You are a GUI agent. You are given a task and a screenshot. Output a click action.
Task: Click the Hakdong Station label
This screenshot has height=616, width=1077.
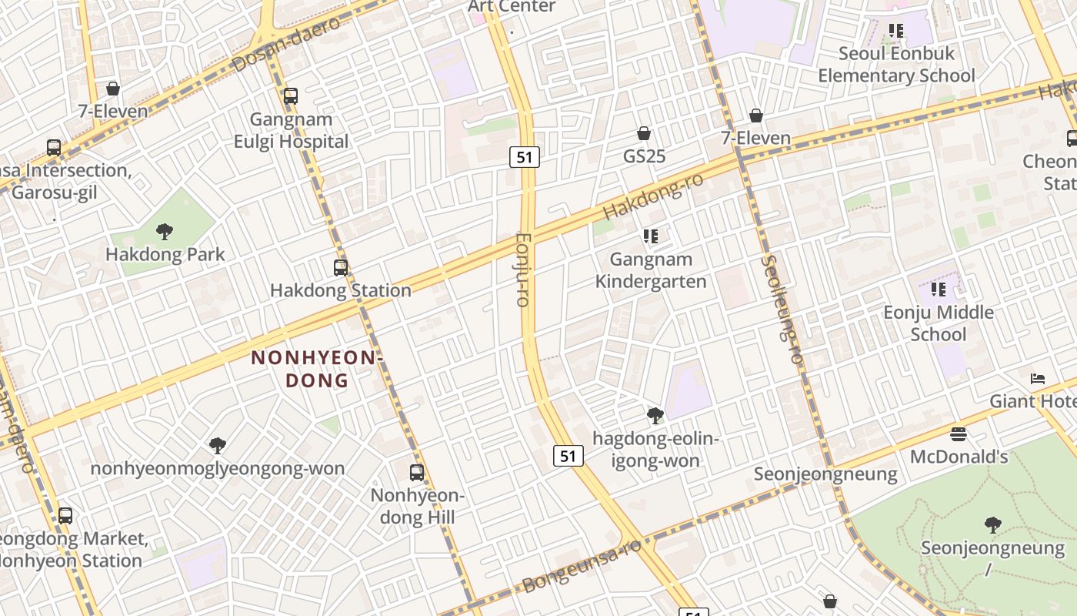[340, 290]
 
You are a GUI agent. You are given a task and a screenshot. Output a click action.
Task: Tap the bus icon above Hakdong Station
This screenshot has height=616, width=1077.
[341, 268]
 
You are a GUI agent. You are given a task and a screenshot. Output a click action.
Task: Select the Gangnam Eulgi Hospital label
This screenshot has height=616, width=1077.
[291, 130]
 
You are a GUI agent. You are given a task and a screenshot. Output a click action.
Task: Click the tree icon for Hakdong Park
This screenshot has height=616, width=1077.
[164, 231]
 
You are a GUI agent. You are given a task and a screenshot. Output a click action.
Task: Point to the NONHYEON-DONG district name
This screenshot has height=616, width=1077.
[317, 369]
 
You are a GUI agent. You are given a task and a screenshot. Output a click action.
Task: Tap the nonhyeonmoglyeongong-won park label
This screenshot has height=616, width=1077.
[218, 468]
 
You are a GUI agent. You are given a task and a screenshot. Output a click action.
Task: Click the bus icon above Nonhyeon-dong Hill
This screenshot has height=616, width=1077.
[417, 472]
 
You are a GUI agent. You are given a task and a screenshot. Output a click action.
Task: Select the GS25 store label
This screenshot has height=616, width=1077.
[644, 156]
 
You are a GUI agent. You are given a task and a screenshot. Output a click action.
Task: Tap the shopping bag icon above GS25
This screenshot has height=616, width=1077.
[644, 133]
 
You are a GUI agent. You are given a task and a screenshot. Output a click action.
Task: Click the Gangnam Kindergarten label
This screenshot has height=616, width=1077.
[651, 270]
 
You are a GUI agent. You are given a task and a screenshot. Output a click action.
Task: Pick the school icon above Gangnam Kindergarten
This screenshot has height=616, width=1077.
[651, 236]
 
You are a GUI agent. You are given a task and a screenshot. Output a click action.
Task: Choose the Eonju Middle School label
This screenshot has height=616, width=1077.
[938, 323]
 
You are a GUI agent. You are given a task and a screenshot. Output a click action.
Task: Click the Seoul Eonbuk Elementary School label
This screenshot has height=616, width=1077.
[896, 65]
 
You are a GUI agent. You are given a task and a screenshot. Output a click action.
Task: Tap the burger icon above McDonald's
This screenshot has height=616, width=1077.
[958, 434]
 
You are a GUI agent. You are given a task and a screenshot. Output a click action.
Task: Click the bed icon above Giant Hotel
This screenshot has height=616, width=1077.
[1038, 379]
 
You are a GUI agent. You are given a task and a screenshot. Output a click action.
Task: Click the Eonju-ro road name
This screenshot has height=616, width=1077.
[523, 269]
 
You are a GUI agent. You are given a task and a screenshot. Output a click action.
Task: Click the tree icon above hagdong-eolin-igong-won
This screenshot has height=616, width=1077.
[655, 416]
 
